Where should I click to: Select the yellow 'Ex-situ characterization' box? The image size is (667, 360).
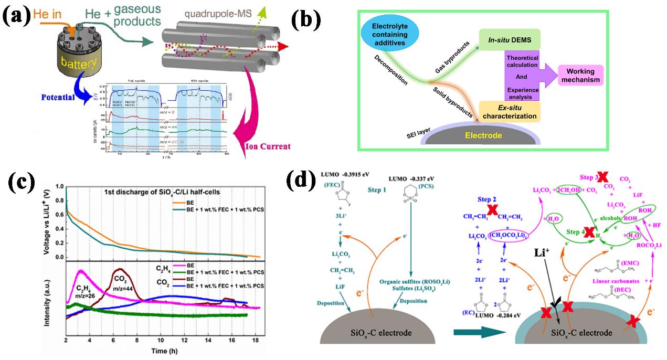click(x=509, y=112)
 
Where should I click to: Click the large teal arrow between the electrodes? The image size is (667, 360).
click(x=473, y=331)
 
